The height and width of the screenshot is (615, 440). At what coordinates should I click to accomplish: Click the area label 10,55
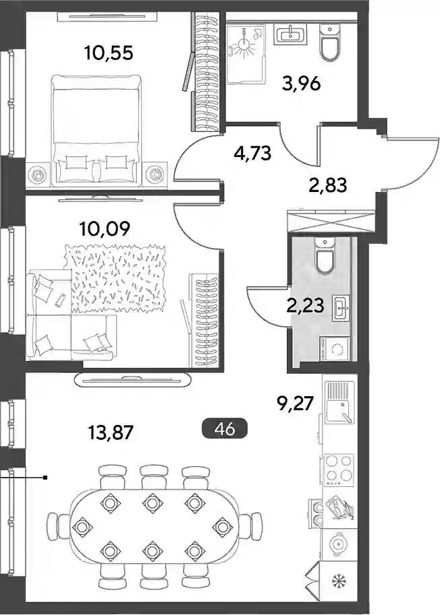point(109,53)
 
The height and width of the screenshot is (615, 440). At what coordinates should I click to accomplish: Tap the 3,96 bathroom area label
point(302,84)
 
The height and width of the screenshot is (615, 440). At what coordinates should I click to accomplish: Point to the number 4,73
point(252,153)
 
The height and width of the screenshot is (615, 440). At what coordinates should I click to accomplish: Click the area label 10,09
point(104,228)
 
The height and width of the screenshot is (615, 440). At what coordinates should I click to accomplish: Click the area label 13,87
point(109,433)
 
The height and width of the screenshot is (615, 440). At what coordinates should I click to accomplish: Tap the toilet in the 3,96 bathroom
point(330,42)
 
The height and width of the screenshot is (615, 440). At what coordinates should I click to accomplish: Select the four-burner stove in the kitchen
point(339,469)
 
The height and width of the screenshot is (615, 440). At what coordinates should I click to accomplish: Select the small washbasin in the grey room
point(340,308)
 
